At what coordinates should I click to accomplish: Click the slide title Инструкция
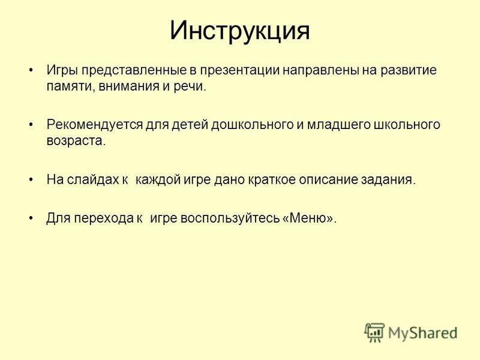(x=240, y=31)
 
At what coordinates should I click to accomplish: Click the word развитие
(x=409, y=71)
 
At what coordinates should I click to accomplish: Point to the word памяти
(x=67, y=86)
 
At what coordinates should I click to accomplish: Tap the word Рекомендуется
(x=95, y=125)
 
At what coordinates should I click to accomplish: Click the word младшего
(x=339, y=125)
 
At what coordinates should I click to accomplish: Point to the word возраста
(x=74, y=141)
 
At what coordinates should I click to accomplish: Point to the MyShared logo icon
(x=374, y=332)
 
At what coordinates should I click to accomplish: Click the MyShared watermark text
(x=422, y=333)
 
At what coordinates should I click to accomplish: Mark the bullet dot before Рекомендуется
(x=31, y=125)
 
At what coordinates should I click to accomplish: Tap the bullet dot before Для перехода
(x=31, y=218)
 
